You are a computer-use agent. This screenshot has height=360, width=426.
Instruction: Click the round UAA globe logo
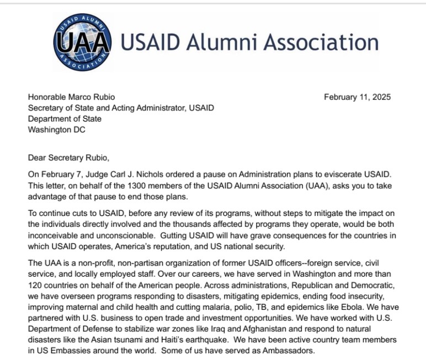tap(82, 43)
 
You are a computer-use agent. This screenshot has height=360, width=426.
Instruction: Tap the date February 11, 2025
tap(357, 97)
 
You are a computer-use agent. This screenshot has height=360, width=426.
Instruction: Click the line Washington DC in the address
tap(57, 129)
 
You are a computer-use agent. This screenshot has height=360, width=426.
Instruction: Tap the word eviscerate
tap(338, 174)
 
